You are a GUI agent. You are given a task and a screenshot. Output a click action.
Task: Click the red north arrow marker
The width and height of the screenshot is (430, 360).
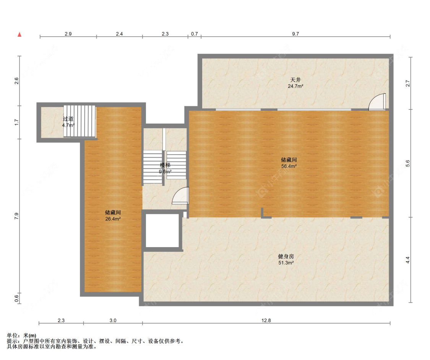coord(19,34)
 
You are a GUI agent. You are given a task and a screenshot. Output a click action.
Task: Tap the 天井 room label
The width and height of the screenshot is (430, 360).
coord(295,80)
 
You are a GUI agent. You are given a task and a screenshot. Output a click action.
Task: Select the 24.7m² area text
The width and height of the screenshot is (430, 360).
coord(295,86)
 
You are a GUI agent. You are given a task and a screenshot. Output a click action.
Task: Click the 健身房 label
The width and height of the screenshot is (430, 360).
coord(286,256)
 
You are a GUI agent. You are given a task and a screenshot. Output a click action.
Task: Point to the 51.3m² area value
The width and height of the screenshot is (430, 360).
coord(286,263)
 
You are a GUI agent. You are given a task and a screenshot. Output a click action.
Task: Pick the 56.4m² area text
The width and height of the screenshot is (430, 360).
coord(289,166)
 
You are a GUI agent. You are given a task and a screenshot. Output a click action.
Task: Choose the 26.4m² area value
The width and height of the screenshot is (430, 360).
coord(113,219)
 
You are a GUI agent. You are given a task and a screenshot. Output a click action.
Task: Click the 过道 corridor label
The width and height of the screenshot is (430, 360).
coord(68,119)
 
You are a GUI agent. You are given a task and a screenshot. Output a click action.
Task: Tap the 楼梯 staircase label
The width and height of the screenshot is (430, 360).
coord(165,165)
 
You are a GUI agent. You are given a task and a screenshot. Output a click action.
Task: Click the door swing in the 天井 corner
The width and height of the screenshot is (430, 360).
coord(377,102)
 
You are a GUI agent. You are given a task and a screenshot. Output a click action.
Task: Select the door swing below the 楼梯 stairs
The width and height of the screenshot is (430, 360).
coord(180,195)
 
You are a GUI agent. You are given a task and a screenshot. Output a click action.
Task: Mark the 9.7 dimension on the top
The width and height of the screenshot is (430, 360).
coord(295,34)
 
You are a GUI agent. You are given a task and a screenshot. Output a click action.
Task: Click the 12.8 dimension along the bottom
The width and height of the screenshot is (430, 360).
coord(266,320)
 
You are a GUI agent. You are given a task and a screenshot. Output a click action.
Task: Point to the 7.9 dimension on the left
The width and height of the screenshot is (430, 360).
coord(17,216)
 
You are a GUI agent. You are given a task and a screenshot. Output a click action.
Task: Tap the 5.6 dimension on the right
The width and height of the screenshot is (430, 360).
coord(408,163)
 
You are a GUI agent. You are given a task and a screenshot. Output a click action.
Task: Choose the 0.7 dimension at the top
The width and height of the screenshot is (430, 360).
coord(195,34)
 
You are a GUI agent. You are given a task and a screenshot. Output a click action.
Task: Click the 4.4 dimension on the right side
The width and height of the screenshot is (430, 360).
coord(408,260)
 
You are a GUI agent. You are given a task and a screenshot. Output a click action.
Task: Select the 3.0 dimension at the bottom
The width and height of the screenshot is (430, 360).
coord(113,320)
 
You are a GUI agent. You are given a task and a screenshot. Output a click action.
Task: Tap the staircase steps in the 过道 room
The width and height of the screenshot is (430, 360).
coord(80,121)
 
